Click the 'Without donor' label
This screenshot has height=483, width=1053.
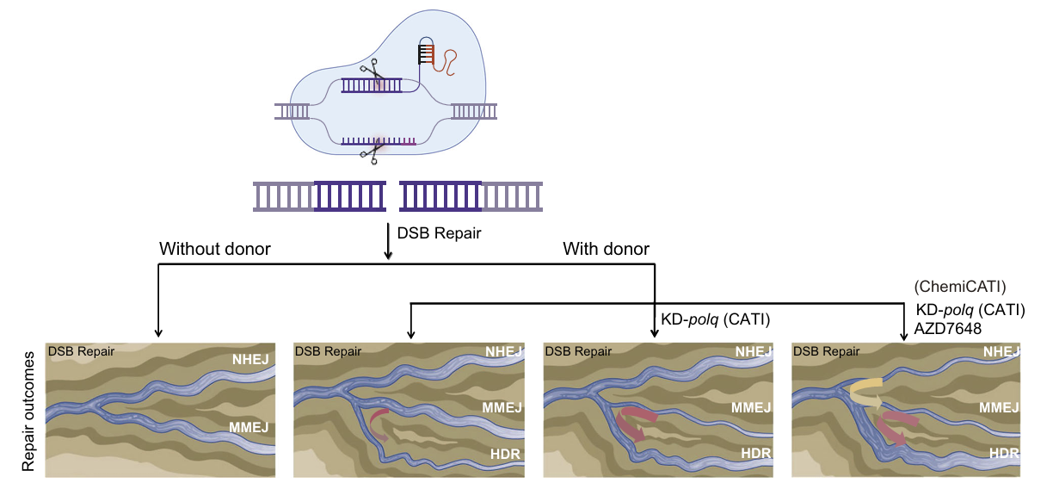pyautogui.click(x=215, y=250)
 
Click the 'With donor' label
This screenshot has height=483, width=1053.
pyautogui.click(x=606, y=250)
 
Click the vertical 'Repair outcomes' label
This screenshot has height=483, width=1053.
pyautogui.click(x=28, y=411)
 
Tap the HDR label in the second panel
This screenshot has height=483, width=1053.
pyautogui.click(x=504, y=453)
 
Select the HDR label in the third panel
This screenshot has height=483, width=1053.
pyautogui.click(x=754, y=453)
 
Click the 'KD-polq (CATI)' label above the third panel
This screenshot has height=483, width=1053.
pyautogui.click(x=714, y=319)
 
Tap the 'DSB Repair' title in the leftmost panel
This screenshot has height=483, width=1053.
pyautogui.click(x=81, y=351)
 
